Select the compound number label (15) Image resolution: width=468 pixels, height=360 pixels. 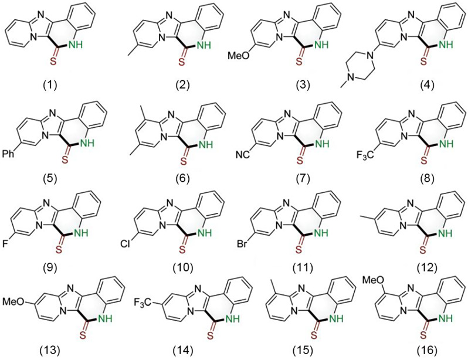point(304,351)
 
